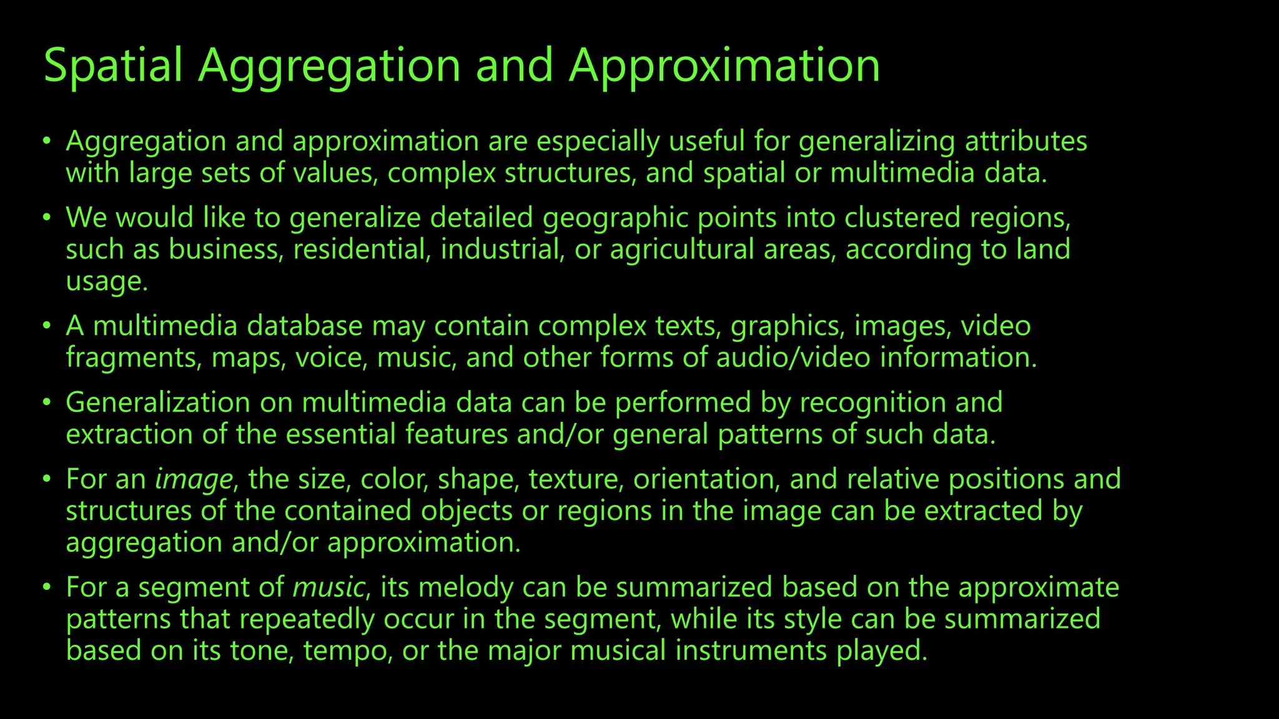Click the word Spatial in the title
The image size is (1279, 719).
tap(113, 66)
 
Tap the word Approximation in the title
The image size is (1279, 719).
tap(724, 66)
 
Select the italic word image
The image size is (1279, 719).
tap(194, 479)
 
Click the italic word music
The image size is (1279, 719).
tap(328, 588)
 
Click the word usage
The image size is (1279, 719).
tap(106, 282)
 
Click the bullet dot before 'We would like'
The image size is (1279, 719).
tap(46, 218)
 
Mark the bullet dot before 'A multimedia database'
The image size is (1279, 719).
tap(46, 326)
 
